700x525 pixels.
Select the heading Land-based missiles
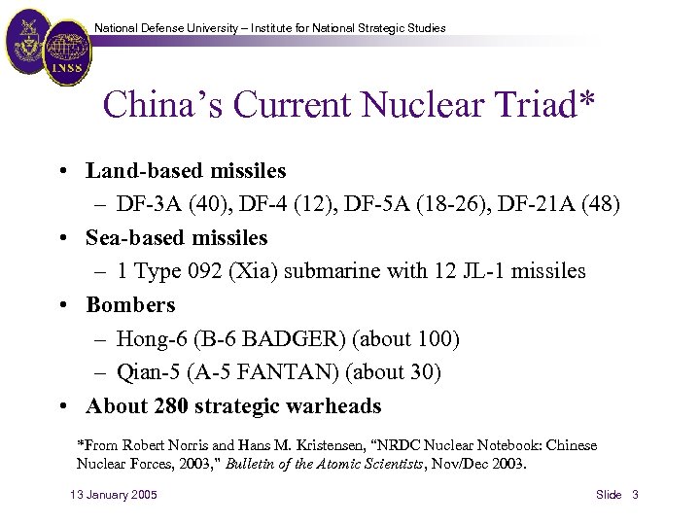point(186,171)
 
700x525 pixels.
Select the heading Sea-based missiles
point(176,238)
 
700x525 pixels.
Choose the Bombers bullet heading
point(130,305)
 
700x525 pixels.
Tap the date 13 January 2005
point(114,495)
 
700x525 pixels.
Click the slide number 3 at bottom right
point(635,495)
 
